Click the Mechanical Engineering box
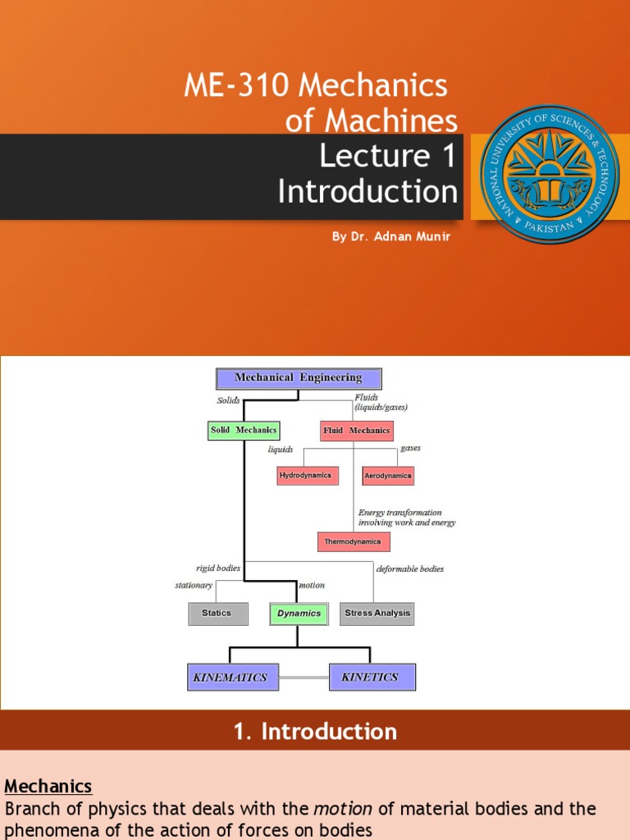pos(299,378)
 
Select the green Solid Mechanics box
pos(244,430)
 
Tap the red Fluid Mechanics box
pos(358,431)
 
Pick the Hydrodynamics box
pos(308,476)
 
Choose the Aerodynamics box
pos(388,476)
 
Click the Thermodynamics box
pos(354,541)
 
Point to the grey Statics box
pos(218,614)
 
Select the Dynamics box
pos(299,614)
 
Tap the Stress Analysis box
pos(377,614)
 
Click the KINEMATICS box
pos(233,678)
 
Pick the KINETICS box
pos(372,678)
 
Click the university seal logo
pos(550,173)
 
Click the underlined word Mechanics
pos(48,787)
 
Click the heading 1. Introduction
pos(315,732)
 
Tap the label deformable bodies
pos(410,568)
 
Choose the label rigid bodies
pos(218,568)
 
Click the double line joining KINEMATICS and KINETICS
pos(304,678)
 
